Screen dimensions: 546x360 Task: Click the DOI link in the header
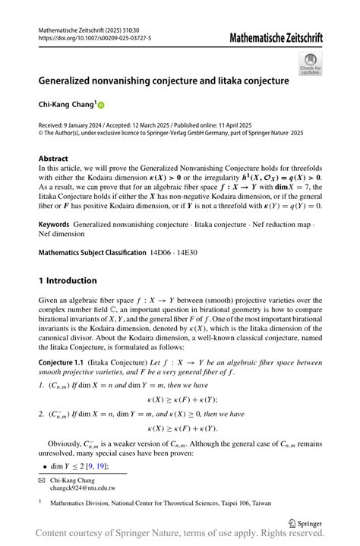pos(94,37)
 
